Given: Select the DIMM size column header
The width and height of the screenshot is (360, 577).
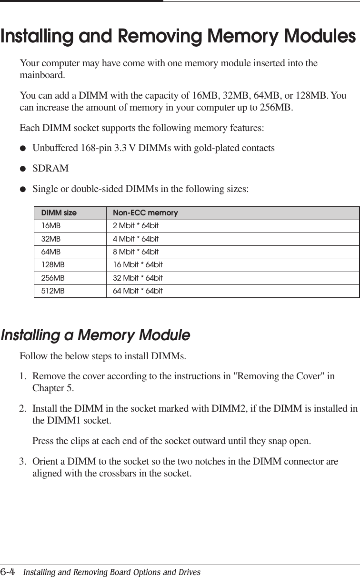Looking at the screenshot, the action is [x=59, y=213].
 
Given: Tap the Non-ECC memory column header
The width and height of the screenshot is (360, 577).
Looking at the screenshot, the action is [x=145, y=213].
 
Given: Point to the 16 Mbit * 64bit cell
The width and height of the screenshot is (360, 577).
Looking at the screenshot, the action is [x=138, y=264].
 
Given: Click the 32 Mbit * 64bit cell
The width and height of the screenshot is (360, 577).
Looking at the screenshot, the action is [x=138, y=277].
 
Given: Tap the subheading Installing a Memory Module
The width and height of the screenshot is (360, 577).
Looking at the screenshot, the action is [x=95, y=335].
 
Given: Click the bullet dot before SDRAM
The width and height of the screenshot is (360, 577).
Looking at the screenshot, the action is [x=22, y=169].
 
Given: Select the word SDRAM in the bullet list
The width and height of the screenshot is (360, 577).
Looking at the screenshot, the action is [x=50, y=169].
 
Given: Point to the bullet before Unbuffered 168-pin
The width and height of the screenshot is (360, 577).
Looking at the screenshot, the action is [x=22, y=148].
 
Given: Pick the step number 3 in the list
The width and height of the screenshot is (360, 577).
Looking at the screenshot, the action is [x=22, y=462].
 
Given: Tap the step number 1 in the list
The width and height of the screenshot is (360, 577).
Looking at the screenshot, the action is [x=22, y=377].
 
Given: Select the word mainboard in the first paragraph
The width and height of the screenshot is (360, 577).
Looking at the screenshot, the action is [x=41, y=75].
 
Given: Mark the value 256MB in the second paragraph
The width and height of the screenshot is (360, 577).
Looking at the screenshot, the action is [x=275, y=108].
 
